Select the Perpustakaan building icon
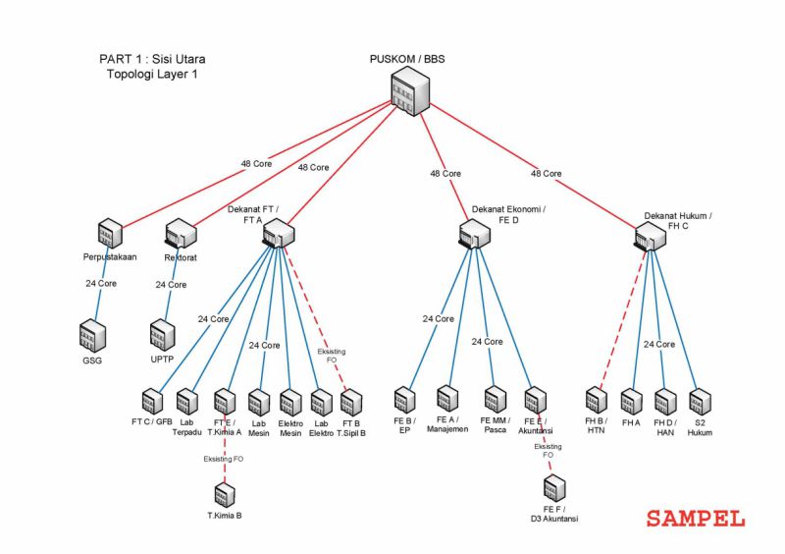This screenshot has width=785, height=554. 109,234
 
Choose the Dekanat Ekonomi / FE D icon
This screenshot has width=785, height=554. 475,234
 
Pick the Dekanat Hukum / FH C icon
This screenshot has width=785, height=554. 649,235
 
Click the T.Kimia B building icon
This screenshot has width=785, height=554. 225,495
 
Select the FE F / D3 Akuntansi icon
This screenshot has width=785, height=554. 553,487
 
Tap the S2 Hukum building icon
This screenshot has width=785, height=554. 699,402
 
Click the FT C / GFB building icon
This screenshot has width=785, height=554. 151,402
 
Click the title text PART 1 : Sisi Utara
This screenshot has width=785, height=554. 152,59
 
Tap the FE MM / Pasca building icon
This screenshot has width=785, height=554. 495,399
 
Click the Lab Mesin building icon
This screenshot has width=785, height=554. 259,402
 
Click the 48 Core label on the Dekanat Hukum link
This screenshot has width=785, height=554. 546,174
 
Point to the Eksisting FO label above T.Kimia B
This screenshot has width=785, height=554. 226,459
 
